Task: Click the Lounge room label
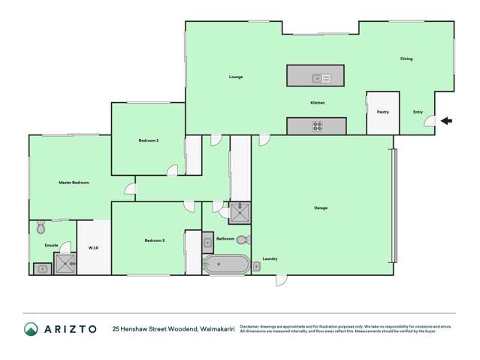[236, 77]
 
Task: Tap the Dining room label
[406, 59]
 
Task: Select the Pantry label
[382, 112]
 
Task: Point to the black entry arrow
[446, 120]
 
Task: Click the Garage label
[321, 207]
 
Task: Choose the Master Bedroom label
[74, 183]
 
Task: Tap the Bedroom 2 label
[148, 141]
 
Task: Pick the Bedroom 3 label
[155, 241]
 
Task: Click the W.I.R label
[94, 248]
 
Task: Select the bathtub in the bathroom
[225, 265]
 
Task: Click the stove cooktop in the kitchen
[317, 126]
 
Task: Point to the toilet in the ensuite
[41, 228]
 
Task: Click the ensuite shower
[65, 264]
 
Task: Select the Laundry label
[270, 259]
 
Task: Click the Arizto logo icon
[31, 329]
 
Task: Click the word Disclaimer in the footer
[251, 327]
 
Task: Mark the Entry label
[418, 112]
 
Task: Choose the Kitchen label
[318, 103]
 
